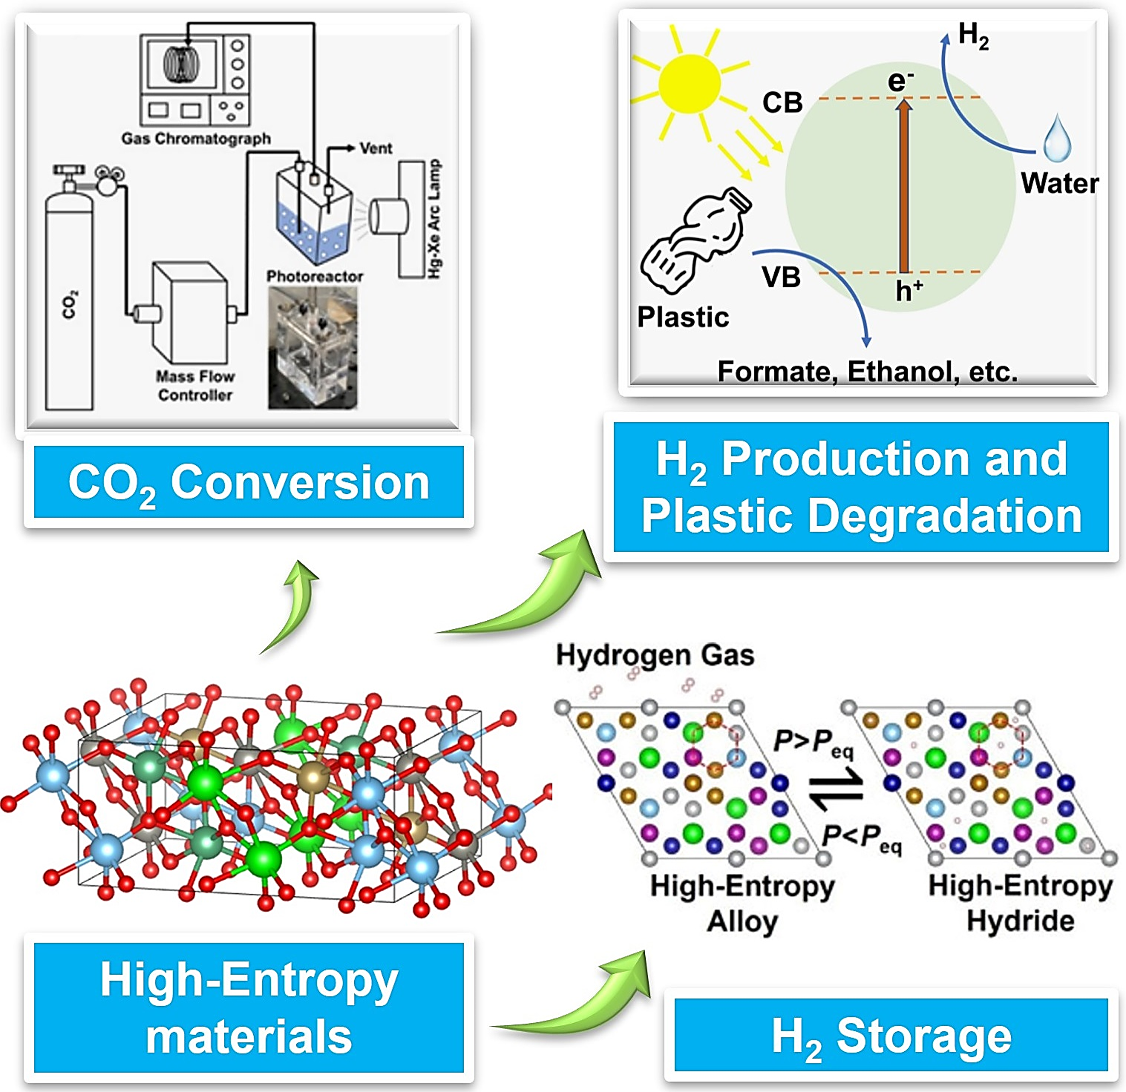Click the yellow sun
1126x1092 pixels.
[x=689, y=84]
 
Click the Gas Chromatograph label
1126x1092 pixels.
[x=196, y=138]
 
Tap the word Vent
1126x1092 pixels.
[x=376, y=148]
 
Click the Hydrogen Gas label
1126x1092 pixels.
[x=655, y=655]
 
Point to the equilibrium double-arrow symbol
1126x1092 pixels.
[x=837, y=790]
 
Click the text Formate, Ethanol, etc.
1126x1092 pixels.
[x=867, y=372]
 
